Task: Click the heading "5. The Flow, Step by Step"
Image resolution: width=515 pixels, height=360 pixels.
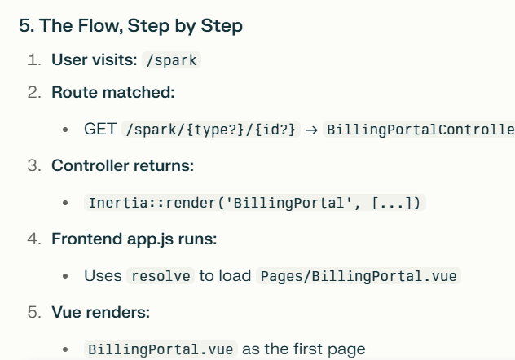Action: point(130,26)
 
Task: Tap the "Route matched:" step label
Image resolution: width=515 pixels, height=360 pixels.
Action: point(113,92)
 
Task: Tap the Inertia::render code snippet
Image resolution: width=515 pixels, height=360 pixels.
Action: point(255,202)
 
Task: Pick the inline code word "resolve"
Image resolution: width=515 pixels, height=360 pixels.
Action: point(161,275)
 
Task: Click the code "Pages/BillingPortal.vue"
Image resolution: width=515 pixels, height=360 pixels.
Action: point(359,275)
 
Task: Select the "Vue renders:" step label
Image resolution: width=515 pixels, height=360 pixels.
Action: point(95,312)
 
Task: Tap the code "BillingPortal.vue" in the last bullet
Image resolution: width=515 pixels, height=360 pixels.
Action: point(161,349)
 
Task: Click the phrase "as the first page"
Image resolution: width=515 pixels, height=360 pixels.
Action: point(304,349)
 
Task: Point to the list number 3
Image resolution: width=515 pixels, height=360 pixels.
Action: point(34,165)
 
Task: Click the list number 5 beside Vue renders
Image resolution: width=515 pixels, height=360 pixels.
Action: point(34,312)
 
